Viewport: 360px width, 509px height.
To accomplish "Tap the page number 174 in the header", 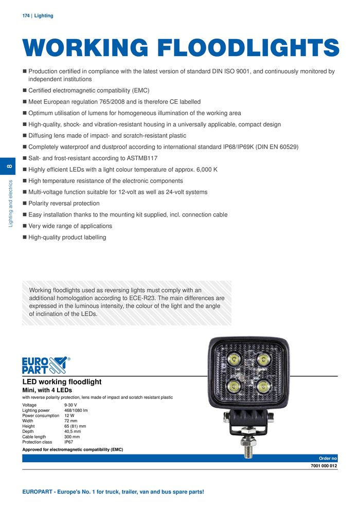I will (x=26, y=16).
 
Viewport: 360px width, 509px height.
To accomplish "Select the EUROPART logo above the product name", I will (x=45, y=366).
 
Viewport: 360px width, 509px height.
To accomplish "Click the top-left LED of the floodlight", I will (x=234, y=359).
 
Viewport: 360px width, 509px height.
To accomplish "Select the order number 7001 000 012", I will (x=324, y=466).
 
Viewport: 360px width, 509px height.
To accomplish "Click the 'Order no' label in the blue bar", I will (x=328, y=458).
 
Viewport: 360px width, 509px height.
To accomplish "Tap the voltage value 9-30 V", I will (x=70, y=406).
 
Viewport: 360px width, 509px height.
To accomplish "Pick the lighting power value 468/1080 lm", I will (x=76, y=411).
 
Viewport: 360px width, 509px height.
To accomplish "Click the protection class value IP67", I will (x=69, y=442).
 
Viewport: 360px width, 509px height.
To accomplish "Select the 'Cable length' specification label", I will (x=36, y=437).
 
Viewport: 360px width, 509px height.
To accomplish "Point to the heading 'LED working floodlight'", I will (x=62, y=382).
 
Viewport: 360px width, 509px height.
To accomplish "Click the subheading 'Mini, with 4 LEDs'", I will (x=47, y=390).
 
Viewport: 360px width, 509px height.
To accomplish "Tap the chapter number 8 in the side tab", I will (x=9, y=166).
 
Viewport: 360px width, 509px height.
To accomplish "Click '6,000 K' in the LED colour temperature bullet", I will (x=207, y=170).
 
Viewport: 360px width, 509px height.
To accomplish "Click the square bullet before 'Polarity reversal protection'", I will (x=24, y=204).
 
